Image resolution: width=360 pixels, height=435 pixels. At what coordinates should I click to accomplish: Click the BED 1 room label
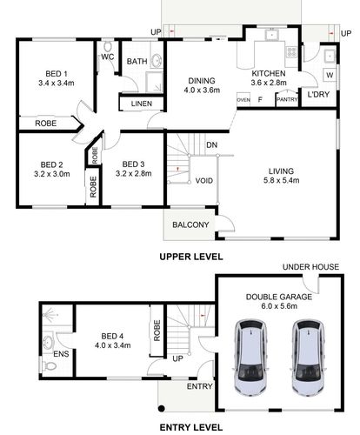point(57,74)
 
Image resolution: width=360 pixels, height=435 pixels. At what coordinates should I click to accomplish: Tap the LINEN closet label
point(142,104)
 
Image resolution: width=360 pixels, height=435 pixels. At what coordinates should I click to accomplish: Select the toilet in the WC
point(108,46)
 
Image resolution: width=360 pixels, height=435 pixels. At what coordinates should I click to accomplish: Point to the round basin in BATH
point(157,61)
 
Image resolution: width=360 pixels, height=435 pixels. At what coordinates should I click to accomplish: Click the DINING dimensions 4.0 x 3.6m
point(202,90)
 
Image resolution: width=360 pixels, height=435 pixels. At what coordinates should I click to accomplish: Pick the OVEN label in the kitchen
point(243,100)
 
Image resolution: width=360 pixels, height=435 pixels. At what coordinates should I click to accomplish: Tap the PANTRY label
point(287,99)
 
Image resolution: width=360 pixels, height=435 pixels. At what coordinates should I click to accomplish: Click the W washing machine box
point(330,75)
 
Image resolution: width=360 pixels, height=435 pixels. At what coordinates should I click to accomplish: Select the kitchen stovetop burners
point(291,52)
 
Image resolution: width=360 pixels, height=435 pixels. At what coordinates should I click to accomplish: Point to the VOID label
point(204,181)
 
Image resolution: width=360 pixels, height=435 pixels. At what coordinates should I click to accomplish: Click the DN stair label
point(212,144)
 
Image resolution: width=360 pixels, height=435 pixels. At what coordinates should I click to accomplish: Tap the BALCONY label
point(190,224)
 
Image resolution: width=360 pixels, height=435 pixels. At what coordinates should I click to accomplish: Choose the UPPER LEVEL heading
point(191,257)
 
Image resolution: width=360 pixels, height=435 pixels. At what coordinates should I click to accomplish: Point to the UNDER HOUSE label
point(310,267)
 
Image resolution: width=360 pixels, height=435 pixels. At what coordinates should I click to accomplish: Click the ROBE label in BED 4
point(157,331)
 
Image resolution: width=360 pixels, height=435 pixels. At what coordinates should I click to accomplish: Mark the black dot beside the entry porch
point(162,408)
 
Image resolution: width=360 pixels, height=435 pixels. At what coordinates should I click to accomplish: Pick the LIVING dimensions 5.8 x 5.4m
point(281,180)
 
